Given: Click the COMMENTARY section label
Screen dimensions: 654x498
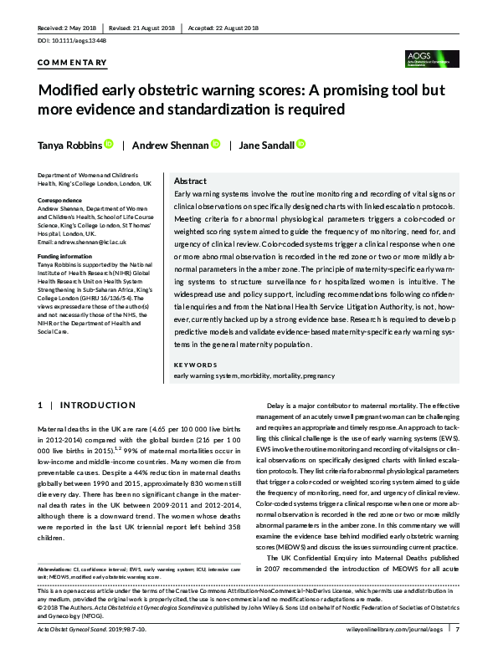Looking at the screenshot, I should tap(73, 63).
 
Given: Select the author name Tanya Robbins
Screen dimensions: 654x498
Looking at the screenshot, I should tap(69, 145).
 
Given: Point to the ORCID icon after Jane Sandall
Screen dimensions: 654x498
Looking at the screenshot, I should tap(301, 145).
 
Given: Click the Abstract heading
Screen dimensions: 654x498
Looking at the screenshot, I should tap(190, 181).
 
